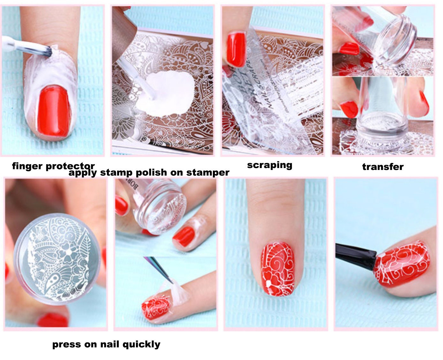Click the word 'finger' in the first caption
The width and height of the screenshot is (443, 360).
tap(27, 166)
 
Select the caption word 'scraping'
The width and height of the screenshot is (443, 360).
tap(269, 165)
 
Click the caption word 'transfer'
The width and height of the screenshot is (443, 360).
tap(383, 167)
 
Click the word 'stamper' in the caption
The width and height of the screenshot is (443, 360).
tap(208, 173)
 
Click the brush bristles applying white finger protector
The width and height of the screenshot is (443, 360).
tap(46, 51)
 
